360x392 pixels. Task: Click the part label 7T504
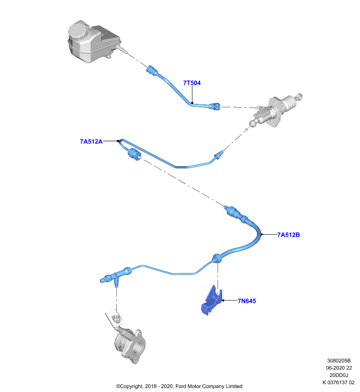(x=192, y=83)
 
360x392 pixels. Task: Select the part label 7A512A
(x=91, y=142)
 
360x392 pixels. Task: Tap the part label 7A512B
(x=288, y=235)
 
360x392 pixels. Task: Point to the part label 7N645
(x=247, y=301)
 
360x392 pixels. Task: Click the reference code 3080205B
(x=339, y=361)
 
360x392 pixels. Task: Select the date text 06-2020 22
(x=339, y=368)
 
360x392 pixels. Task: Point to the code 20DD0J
(x=339, y=375)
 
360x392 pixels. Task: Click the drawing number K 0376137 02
(x=338, y=383)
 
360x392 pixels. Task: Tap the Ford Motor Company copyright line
(x=179, y=387)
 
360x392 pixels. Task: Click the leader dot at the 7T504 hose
(x=192, y=103)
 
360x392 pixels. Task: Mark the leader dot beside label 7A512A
(x=118, y=141)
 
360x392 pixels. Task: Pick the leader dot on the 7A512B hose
(x=262, y=235)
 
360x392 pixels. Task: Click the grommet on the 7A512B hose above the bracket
(x=217, y=258)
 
